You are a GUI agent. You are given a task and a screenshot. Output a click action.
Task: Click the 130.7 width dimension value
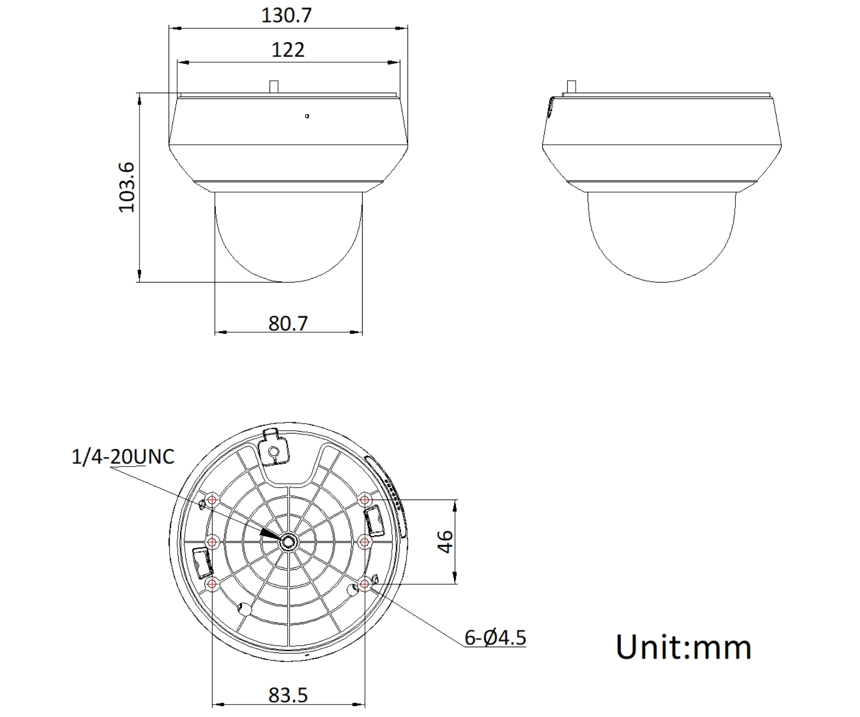(x=287, y=15)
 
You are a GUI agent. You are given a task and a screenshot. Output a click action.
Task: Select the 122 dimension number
(x=288, y=50)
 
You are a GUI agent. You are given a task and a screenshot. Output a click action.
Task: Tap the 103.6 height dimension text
(x=127, y=187)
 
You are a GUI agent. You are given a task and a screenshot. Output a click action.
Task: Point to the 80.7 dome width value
(x=288, y=324)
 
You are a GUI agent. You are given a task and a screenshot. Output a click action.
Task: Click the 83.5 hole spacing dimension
(x=288, y=695)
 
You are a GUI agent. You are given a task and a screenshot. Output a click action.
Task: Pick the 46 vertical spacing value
(x=445, y=542)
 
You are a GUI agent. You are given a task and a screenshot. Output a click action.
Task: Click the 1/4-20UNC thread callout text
(x=123, y=457)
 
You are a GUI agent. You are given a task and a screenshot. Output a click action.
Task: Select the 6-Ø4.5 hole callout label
(x=495, y=638)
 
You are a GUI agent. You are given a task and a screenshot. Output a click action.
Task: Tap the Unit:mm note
(x=684, y=647)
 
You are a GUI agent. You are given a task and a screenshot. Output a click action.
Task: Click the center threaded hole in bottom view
(x=289, y=542)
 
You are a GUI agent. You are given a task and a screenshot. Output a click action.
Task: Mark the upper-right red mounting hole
(x=365, y=500)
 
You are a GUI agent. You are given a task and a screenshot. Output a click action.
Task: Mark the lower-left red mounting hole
(x=212, y=584)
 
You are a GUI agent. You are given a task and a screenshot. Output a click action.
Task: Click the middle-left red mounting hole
(x=212, y=542)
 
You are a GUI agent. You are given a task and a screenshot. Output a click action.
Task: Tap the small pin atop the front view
(x=274, y=87)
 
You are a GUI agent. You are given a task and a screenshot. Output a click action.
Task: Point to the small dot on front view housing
(x=307, y=116)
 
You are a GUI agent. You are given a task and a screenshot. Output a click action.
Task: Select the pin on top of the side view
(x=570, y=87)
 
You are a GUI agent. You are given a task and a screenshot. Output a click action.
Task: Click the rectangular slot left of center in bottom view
(x=202, y=562)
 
